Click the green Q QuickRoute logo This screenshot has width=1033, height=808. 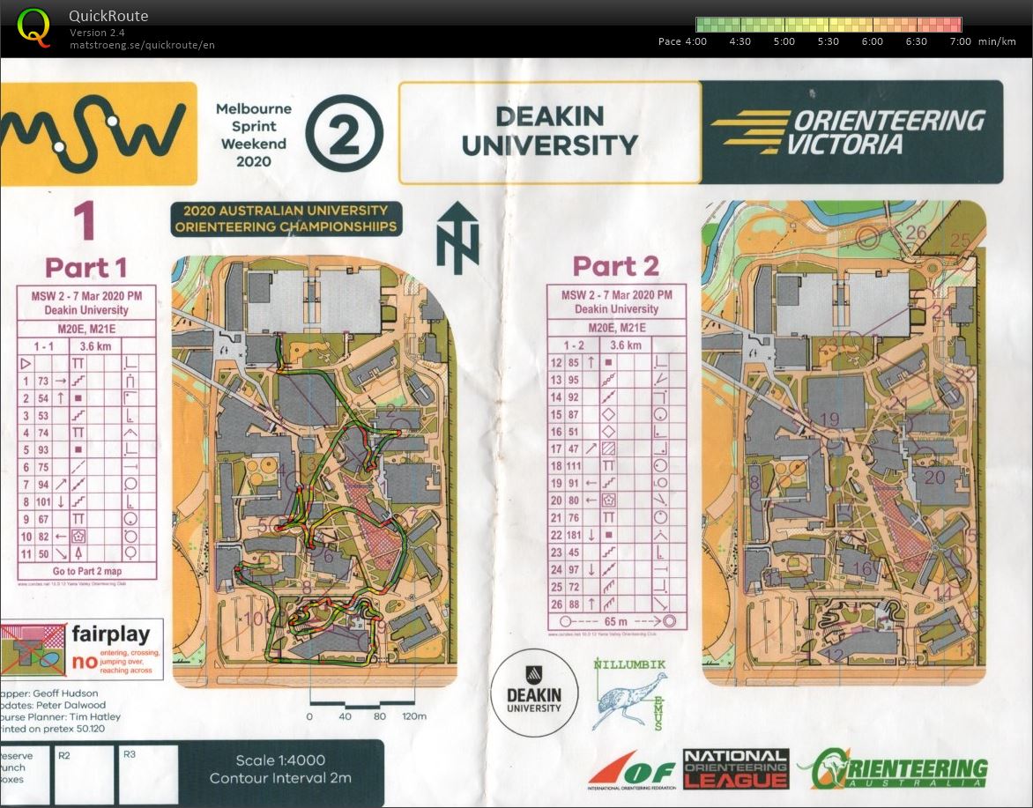33,26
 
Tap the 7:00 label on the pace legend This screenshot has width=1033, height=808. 960,41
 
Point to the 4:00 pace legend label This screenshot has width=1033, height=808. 695,41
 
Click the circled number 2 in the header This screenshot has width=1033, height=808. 344,134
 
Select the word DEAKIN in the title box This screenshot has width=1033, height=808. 549,116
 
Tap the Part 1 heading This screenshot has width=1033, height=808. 85,267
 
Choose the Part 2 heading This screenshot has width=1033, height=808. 615,265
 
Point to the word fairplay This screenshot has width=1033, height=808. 116,634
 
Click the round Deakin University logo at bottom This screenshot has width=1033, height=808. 534,693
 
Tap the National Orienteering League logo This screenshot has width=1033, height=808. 735,768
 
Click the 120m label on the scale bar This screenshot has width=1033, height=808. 414,716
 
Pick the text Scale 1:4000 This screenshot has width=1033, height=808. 280,760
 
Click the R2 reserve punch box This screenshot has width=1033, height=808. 84,774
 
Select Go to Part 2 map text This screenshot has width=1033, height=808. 86,571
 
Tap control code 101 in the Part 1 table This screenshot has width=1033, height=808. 41,501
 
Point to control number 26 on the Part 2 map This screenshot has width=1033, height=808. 917,233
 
